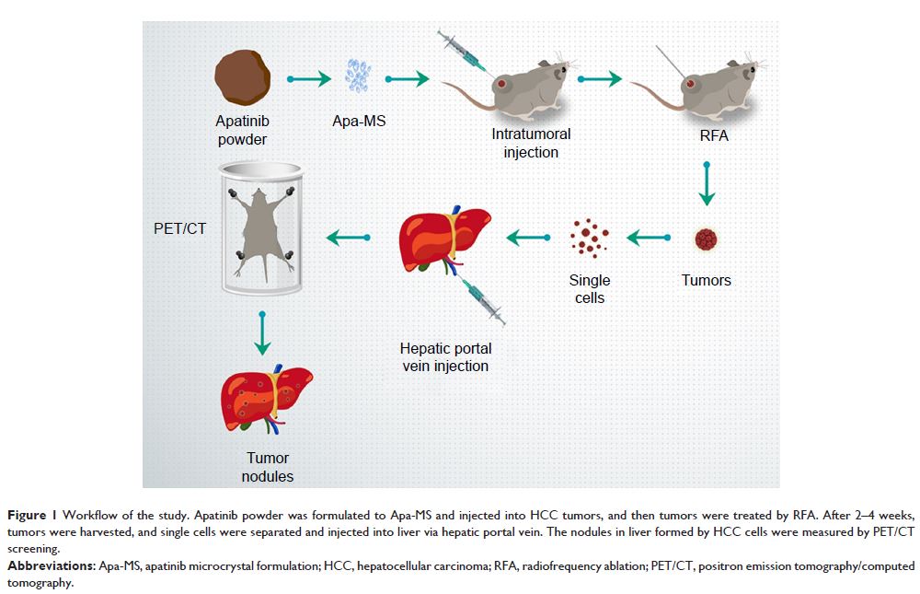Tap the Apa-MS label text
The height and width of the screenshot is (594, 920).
359,121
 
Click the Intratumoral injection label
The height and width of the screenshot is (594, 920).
531,143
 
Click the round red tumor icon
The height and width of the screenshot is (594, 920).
706,239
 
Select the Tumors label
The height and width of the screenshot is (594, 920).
707,279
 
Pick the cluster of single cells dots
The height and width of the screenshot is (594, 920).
589,239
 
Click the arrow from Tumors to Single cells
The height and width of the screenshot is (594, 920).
650,239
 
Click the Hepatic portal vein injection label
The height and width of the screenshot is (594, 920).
445,357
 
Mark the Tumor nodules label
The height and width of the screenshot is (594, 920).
267,467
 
